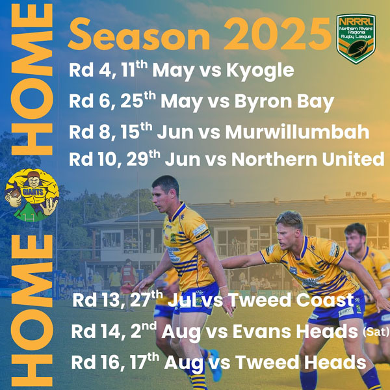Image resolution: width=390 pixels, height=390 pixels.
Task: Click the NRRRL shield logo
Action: [x=356, y=38]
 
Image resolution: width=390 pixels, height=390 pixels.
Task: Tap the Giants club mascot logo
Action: [x=32, y=195]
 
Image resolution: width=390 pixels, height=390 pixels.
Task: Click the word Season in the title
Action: [x=139, y=34]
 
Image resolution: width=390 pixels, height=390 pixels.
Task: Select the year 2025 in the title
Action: [x=278, y=34]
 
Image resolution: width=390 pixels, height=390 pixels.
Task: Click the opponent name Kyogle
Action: [x=260, y=71]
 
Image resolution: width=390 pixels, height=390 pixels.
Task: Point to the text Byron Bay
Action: [x=284, y=102]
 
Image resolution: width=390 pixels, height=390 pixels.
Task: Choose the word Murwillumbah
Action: [x=297, y=132]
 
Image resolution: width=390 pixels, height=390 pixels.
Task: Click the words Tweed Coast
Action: [x=291, y=300]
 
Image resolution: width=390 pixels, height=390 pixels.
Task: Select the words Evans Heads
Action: [x=295, y=331]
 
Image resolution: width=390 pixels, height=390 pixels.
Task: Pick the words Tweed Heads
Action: [x=301, y=362]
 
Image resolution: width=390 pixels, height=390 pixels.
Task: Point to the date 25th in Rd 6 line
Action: [x=138, y=100]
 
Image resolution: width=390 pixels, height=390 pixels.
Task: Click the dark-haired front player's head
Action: [x=164, y=194]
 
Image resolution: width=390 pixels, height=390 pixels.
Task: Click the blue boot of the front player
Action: [x=215, y=365]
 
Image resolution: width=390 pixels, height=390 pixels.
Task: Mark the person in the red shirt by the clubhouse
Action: [x=128, y=276]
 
